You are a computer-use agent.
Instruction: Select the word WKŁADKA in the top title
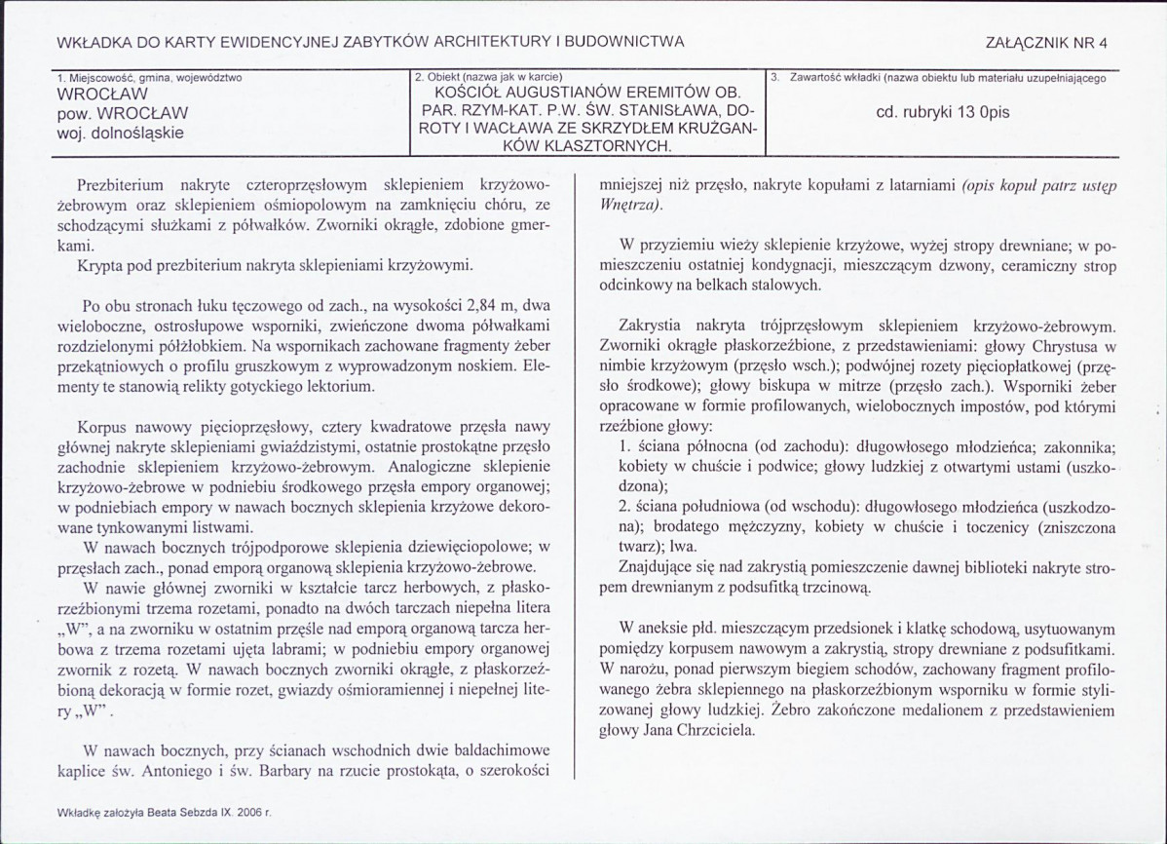[x=93, y=42]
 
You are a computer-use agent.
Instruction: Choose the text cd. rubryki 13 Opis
[x=942, y=112]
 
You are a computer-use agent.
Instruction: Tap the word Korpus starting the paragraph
[x=109, y=427]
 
